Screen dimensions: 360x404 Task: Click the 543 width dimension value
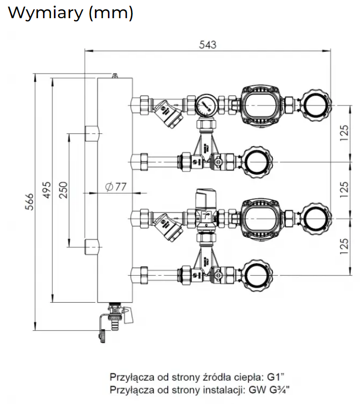[207, 45]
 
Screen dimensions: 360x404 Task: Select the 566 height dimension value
[30, 201]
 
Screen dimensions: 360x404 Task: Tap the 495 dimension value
[47, 190]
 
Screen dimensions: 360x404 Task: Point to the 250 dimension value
[63, 190]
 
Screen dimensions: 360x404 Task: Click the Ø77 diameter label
[116, 186]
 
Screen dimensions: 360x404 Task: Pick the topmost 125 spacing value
[344, 133]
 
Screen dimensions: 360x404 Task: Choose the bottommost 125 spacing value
[344, 246]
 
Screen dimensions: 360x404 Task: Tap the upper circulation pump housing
[260, 105]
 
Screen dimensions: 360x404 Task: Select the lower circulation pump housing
[260, 219]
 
